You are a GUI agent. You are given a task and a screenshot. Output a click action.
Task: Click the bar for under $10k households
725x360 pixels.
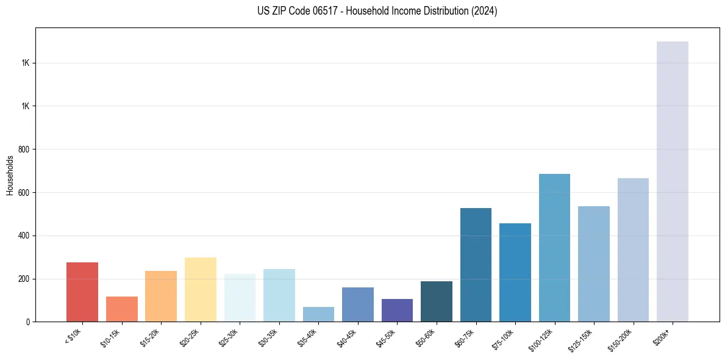pyautogui.click(x=82, y=292)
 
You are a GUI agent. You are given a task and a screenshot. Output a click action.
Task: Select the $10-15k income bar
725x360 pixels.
pyautogui.click(x=121, y=309)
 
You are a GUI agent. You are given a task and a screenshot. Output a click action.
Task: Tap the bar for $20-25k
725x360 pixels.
pyautogui.click(x=200, y=289)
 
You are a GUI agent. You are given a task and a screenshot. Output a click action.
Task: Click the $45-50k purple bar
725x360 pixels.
pyautogui.click(x=397, y=310)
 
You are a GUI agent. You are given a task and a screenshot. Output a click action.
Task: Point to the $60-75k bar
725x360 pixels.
pyautogui.click(x=476, y=265)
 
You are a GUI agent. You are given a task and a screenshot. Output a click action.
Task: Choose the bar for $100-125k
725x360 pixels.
pyautogui.click(x=554, y=248)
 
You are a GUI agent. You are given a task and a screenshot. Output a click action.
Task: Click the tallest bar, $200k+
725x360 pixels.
pyautogui.click(x=673, y=181)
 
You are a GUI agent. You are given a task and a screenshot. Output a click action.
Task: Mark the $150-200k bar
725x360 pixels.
pyautogui.click(x=633, y=250)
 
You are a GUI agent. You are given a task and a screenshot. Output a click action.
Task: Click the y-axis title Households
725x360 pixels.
pyautogui.click(x=10, y=175)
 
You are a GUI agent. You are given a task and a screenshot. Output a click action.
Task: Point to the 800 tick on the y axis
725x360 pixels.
pyautogui.click(x=24, y=149)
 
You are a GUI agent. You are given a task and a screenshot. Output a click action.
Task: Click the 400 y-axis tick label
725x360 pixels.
pyautogui.click(x=24, y=236)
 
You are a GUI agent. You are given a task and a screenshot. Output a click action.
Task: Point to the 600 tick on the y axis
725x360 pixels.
pyautogui.click(x=24, y=193)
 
